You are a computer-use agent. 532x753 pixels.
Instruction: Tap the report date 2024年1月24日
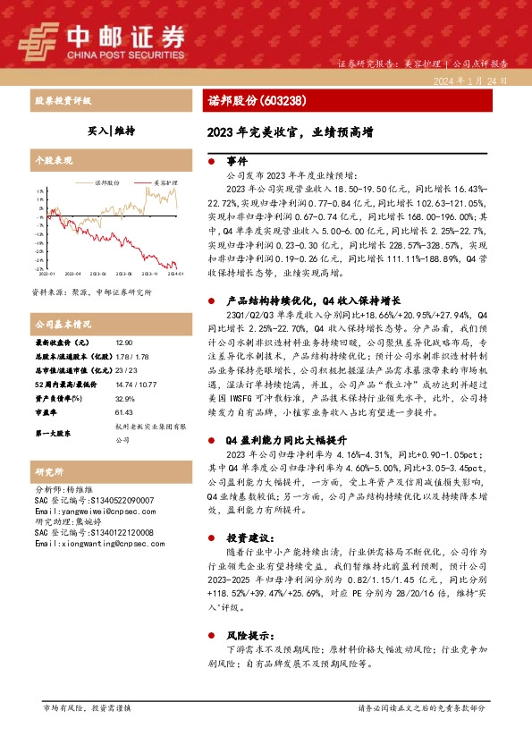pyautogui.click(x=469, y=80)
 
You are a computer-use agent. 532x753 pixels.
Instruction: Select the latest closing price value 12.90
pyautogui.click(x=125, y=343)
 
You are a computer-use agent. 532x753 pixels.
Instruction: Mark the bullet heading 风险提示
pyautogui.click(x=246, y=632)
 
